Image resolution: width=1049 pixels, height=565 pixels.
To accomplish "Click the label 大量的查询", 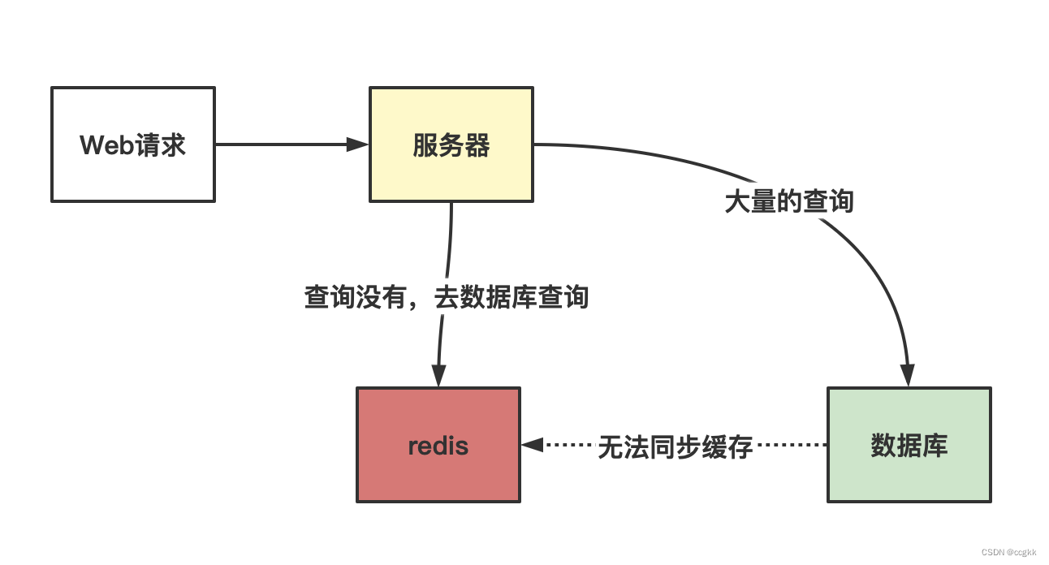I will click(789, 201).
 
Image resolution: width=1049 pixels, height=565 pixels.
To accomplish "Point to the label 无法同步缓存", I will click(676, 446).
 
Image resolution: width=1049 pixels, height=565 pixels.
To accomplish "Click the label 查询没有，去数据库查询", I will click(446, 297).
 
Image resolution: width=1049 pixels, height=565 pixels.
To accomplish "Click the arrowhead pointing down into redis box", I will click(438, 376).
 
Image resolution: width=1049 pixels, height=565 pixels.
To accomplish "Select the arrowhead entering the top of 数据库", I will click(908, 376).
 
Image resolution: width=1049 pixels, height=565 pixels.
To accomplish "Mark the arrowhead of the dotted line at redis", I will click(532, 445).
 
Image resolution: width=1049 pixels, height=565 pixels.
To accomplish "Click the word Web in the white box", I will click(104, 145).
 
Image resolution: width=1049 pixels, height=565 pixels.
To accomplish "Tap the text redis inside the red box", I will click(438, 446).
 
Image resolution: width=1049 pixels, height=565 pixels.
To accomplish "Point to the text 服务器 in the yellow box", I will click(451, 145).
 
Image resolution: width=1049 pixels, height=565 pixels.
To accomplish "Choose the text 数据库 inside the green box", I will click(909, 446).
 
